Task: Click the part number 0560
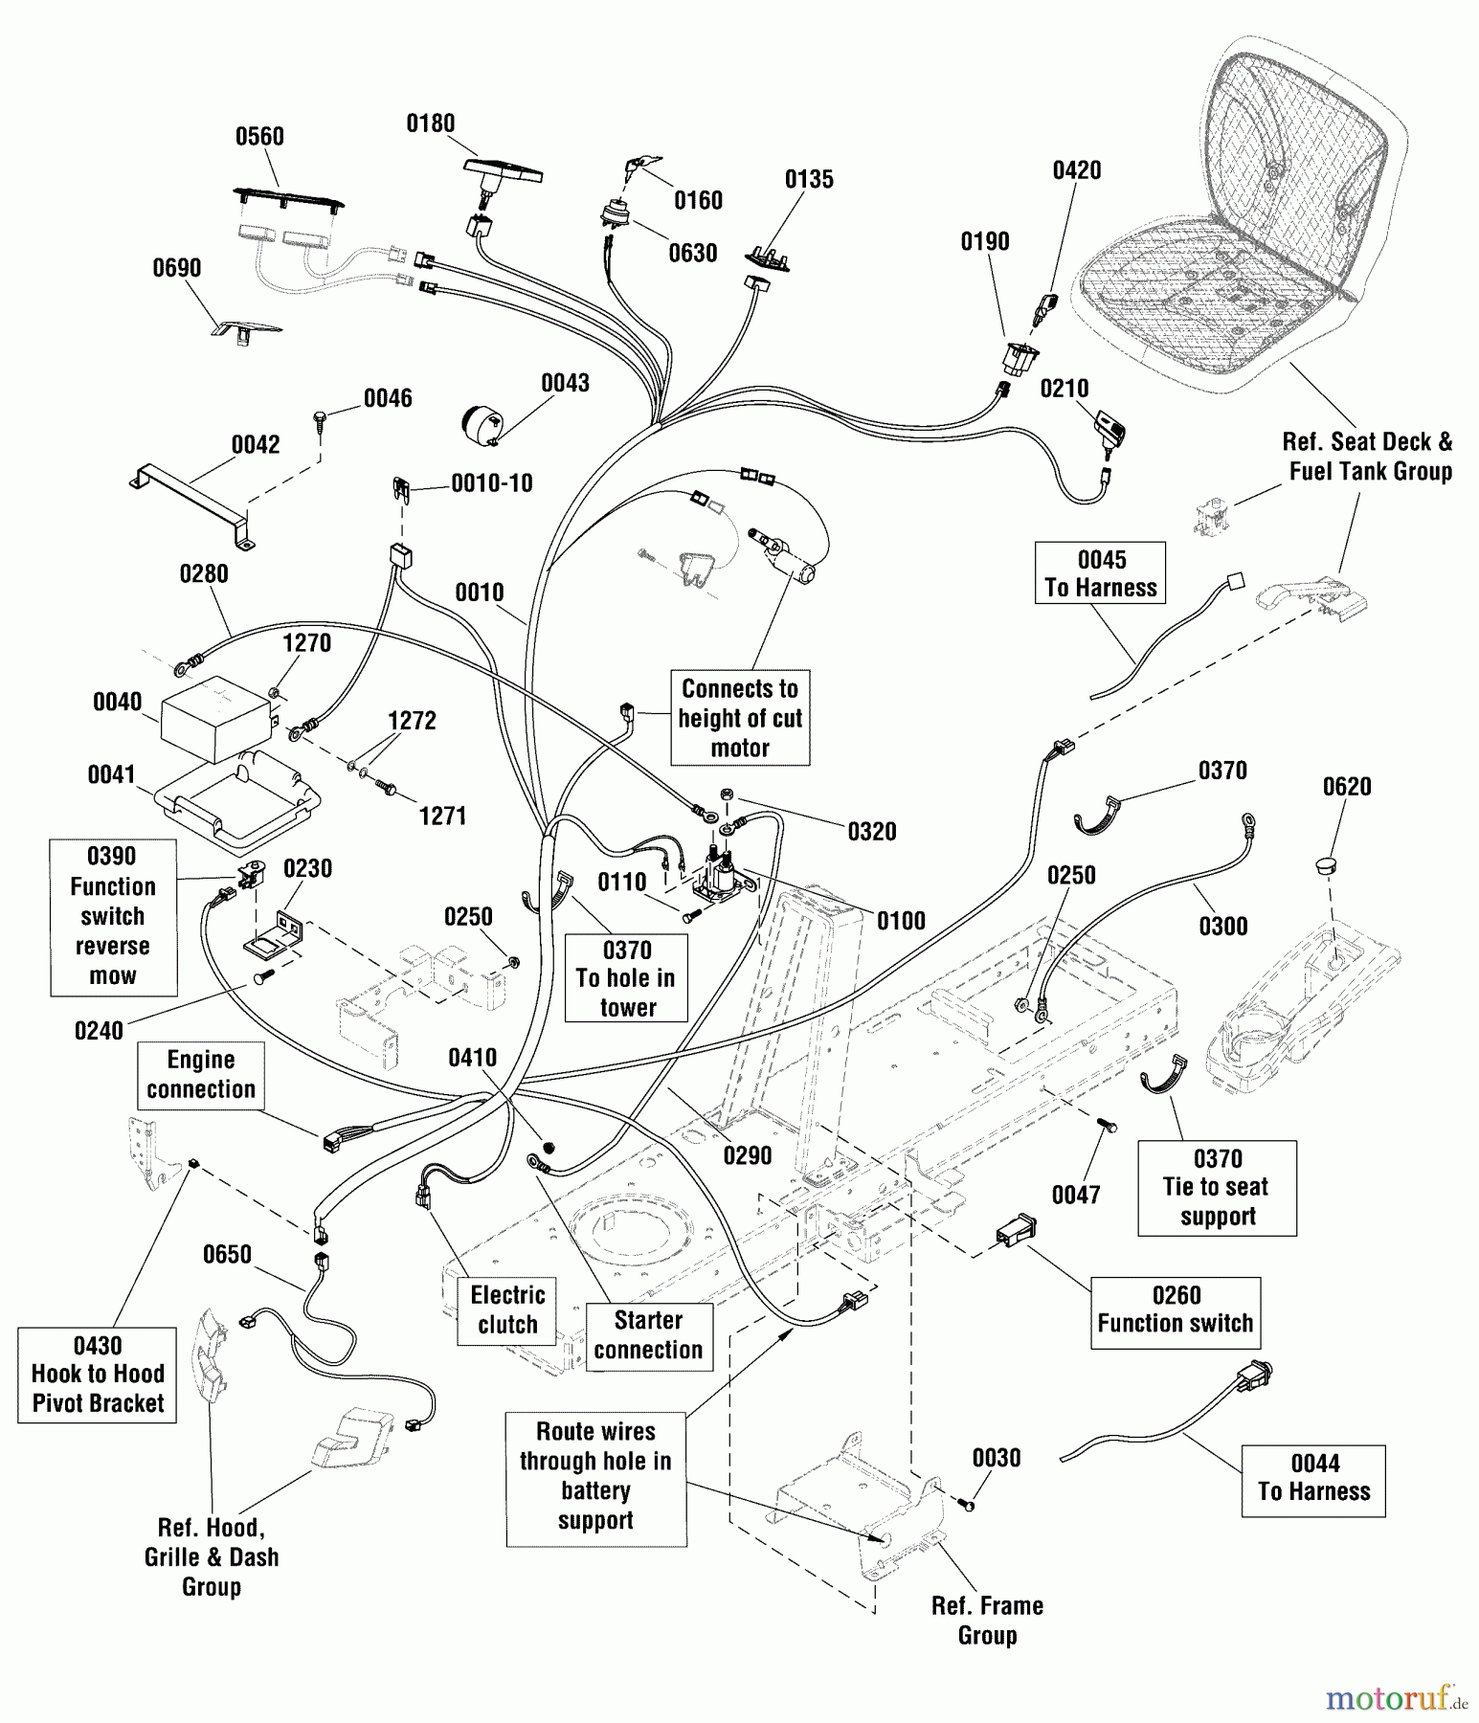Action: point(259,137)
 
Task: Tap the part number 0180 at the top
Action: point(431,123)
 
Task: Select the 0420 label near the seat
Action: point(1077,170)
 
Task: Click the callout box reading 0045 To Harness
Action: point(1100,573)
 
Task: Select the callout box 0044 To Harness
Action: point(1313,1479)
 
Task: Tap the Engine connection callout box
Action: point(200,1075)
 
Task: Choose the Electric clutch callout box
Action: point(507,1310)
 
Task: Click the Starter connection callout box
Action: point(648,1335)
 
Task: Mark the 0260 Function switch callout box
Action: point(1175,1310)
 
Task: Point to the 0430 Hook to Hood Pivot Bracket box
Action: point(98,1375)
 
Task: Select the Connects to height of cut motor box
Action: point(740,718)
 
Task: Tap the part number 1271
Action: point(442,817)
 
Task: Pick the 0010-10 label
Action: point(492,483)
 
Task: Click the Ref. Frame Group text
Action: point(987,1621)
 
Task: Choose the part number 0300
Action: point(1223,927)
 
